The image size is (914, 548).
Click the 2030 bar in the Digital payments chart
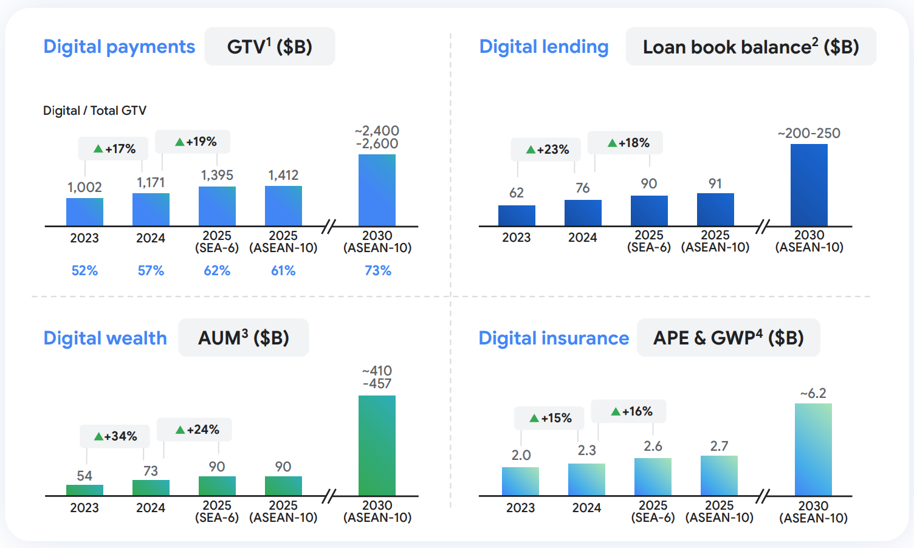(x=377, y=190)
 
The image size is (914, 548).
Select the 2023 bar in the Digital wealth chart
(x=84, y=490)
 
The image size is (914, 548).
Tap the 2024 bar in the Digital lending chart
(x=583, y=213)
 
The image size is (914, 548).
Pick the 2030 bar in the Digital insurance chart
(x=813, y=450)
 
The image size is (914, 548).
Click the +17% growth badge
(x=114, y=149)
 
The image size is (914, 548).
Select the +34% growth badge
(x=115, y=436)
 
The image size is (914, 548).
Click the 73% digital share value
(x=377, y=270)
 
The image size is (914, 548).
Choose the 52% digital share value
(x=84, y=270)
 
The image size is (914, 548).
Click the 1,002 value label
(x=84, y=187)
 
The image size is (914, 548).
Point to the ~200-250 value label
(x=809, y=133)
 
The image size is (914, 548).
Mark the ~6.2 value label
(x=813, y=394)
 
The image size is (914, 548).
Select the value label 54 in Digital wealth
(x=84, y=476)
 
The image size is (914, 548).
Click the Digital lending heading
(x=544, y=47)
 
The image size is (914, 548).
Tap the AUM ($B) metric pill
(x=244, y=338)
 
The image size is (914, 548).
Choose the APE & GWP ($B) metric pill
(x=728, y=338)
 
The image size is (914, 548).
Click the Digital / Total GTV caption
(x=95, y=111)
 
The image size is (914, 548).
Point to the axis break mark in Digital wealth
(x=329, y=496)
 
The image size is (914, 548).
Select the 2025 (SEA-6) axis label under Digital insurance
(x=653, y=512)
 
